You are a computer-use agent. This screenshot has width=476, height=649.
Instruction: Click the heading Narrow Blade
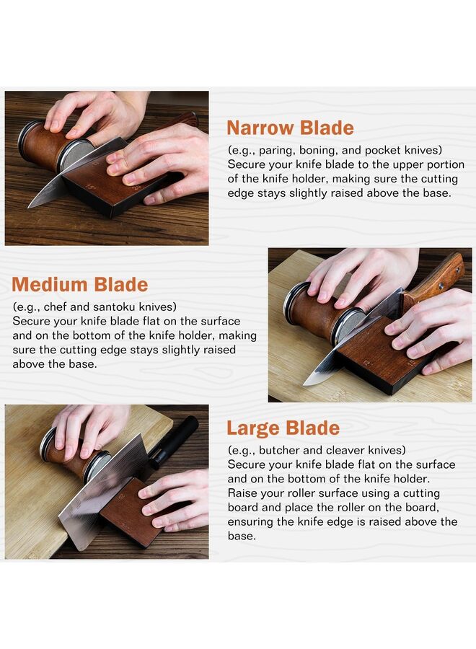click(x=290, y=128)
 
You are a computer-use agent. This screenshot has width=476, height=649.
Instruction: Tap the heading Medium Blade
click(x=80, y=284)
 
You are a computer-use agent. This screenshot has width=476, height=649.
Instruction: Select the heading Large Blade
click(x=283, y=428)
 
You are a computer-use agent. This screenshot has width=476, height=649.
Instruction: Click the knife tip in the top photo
click(x=30, y=206)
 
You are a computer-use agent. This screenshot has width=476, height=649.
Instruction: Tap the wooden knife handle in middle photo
click(x=436, y=278)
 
